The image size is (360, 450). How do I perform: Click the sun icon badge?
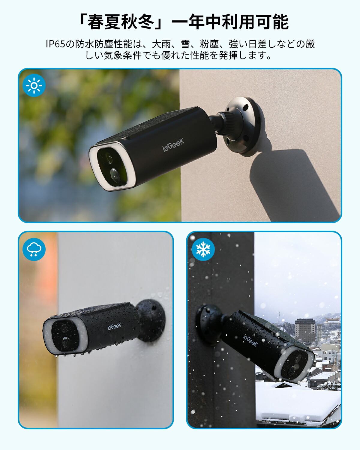pos(34,85)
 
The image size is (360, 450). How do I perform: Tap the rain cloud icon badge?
pos(34,249)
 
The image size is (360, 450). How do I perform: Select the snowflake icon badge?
pos(203,249)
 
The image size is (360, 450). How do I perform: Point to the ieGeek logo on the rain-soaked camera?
pos(114,326)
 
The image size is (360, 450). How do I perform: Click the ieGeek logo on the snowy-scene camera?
pos(250,340)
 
